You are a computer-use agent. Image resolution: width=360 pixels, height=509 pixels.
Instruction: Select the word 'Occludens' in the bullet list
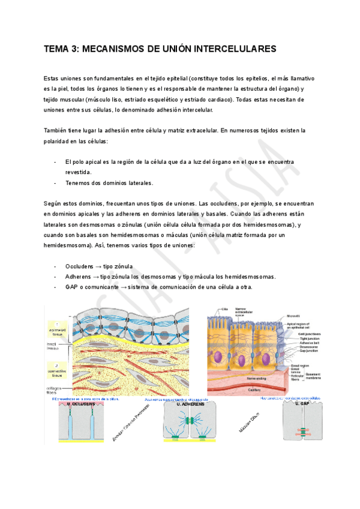tap(80, 266)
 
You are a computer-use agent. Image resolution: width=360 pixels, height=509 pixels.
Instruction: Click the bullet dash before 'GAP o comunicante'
tap(55, 288)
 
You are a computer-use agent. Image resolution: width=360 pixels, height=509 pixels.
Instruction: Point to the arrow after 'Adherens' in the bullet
tap(96, 277)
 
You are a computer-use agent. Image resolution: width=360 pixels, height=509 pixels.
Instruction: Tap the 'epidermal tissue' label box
tap(58, 328)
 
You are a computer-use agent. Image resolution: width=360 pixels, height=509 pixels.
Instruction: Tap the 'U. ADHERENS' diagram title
tap(191, 405)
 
